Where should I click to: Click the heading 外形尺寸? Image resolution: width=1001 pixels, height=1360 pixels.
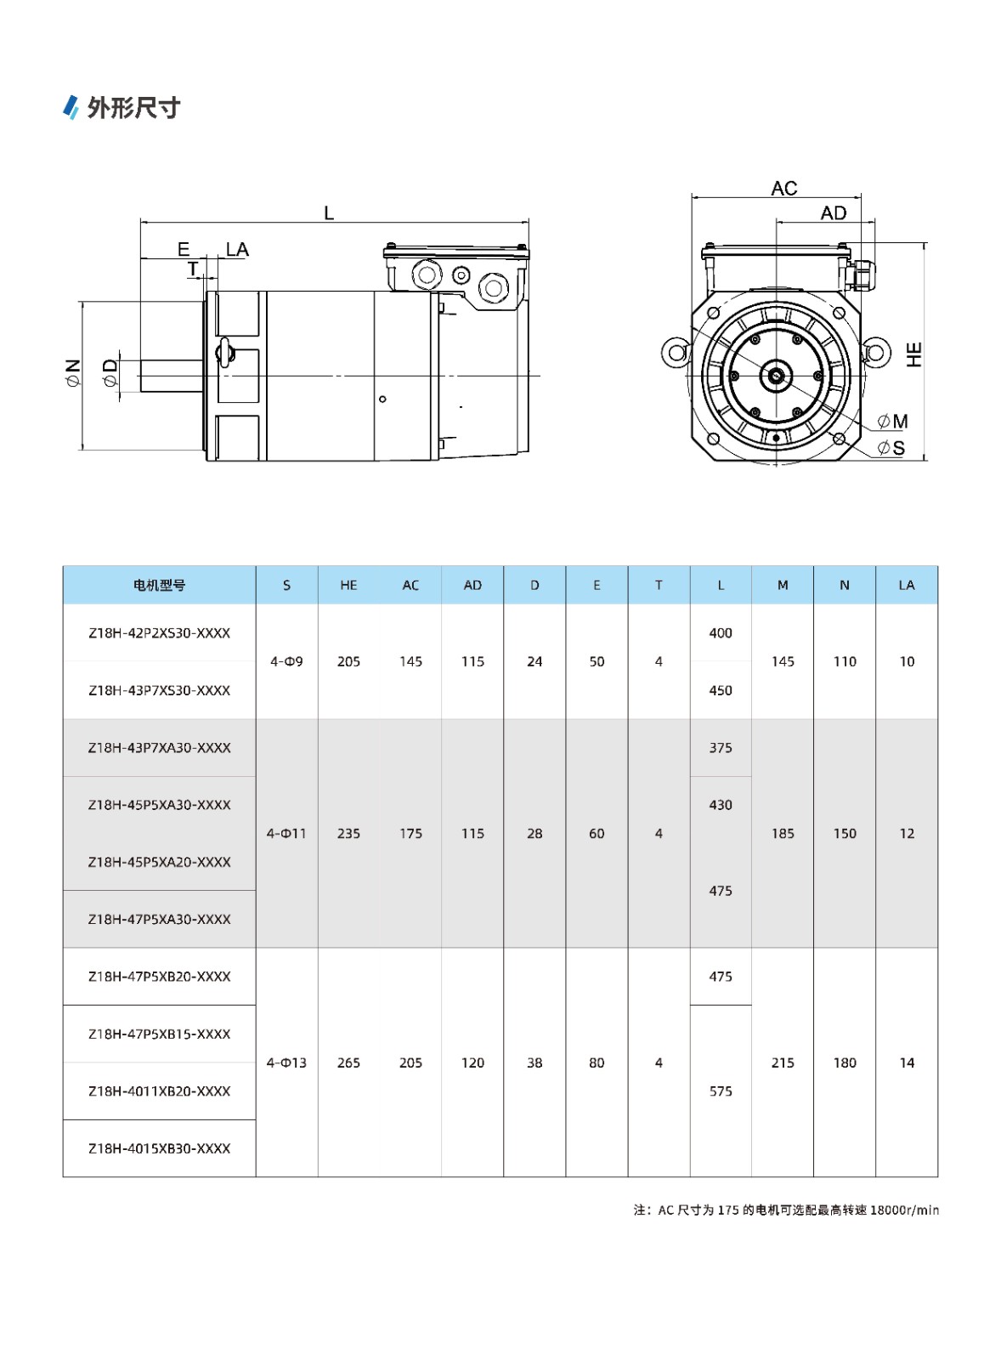pos(133,108)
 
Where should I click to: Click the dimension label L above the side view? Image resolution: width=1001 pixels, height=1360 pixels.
pos(329,213)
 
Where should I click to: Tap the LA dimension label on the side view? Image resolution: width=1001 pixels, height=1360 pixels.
pos(237,250)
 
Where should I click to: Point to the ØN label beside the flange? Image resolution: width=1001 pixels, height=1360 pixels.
pos(73,373)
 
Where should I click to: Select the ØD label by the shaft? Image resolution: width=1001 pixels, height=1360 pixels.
pos(110,372)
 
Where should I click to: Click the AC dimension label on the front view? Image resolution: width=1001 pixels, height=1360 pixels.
pos(783,189)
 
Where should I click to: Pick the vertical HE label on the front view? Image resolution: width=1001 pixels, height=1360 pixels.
pos(914,354)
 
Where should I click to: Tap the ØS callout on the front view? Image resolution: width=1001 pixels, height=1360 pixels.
pos(891,448)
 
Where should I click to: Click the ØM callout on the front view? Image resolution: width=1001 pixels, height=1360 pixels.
pos(892,422)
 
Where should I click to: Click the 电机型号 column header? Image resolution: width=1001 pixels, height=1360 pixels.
pos(159,585)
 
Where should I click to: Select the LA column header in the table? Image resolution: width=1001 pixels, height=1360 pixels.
pos(907,585)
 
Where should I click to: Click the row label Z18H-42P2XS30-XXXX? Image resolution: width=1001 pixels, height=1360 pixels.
pos(159,633)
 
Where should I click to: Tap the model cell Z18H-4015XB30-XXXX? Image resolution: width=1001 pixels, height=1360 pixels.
pos(159,1148)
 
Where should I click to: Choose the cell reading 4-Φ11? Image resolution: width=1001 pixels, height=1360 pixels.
pos(286,834)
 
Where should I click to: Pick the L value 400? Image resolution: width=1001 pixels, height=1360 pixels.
pos(721,633)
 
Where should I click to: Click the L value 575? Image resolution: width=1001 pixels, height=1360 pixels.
pos(721,1091)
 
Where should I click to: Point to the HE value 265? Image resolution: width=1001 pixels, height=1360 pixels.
pos(348,1062)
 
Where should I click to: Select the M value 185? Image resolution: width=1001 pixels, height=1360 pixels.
pos(783,834)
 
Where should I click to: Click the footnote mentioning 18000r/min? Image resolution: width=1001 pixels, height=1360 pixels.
pos(786,1210)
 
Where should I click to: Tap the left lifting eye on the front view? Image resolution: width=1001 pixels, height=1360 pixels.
pos(676,351)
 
